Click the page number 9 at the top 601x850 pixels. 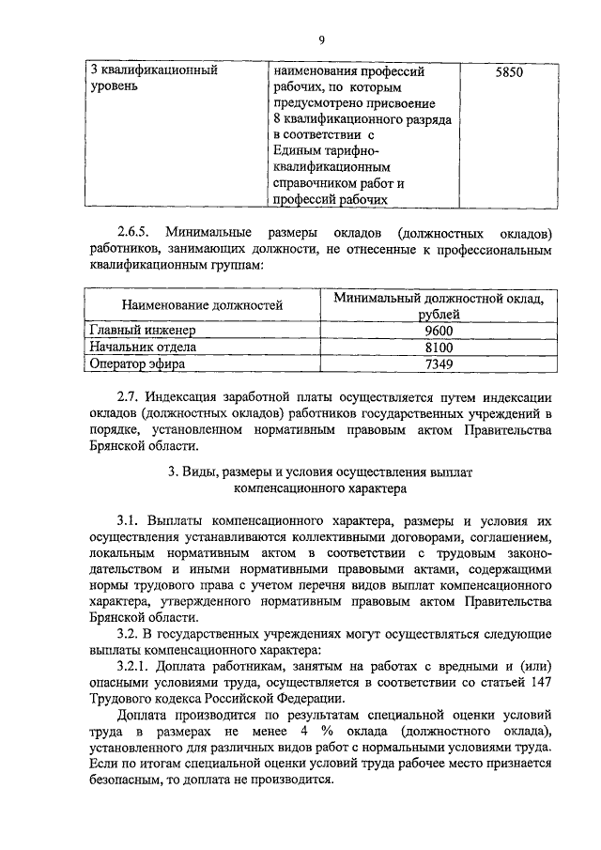click(321, 39)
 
